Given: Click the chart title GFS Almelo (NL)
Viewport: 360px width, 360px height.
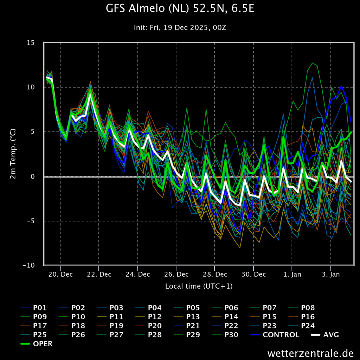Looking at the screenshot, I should (x=180, y=9).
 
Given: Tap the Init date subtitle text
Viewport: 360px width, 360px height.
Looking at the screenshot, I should (x=180, y=27).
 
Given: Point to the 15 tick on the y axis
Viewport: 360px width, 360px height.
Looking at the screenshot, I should (x=31, y=43).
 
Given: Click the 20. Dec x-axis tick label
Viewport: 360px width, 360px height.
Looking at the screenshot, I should (x=60, y=274).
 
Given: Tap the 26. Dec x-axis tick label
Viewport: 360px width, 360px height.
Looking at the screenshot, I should (x=176, y=274).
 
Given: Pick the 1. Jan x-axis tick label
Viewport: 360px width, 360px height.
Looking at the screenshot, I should (x=292, y=274).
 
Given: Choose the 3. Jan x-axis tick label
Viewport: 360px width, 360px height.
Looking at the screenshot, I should (x=331, y=274).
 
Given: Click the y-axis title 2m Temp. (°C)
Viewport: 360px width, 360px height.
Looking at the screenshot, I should (x=13, y=154).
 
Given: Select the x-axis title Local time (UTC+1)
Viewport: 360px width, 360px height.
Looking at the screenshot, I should (x=199, y=286).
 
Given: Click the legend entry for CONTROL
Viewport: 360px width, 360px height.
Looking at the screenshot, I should (x=281, y=335).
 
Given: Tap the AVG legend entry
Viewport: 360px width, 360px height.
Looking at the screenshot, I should (x=331, y=335).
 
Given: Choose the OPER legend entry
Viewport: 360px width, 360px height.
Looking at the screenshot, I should (x=43, y=344).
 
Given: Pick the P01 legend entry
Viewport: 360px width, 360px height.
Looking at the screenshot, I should (x=40, y=308).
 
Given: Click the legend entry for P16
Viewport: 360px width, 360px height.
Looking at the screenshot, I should (x=308, y=316).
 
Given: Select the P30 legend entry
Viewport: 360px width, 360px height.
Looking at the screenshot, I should (x=231, y=335).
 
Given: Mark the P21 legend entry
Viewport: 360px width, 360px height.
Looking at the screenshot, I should (x=193, y=326).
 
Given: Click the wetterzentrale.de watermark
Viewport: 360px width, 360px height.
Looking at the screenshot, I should (x=310, y=353).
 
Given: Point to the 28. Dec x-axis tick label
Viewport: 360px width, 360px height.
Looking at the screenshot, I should (x=215, y=274).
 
